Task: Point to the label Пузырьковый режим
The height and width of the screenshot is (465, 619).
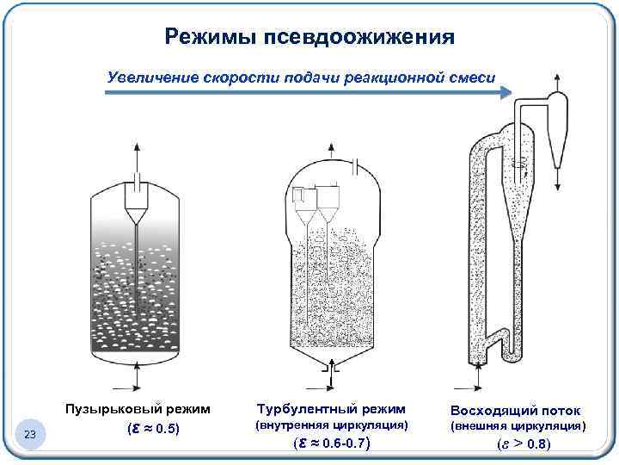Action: coord(138,408)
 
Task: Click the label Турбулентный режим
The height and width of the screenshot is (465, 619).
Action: coord(331,408)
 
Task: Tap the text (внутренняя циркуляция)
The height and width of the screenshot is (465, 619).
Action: coord(332,426)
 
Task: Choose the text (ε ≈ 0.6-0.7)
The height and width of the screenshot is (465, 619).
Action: coord(331,444)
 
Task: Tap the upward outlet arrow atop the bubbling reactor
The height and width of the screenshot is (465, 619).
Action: coord(136,158)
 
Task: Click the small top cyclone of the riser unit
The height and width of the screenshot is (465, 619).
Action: coord(554,129)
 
